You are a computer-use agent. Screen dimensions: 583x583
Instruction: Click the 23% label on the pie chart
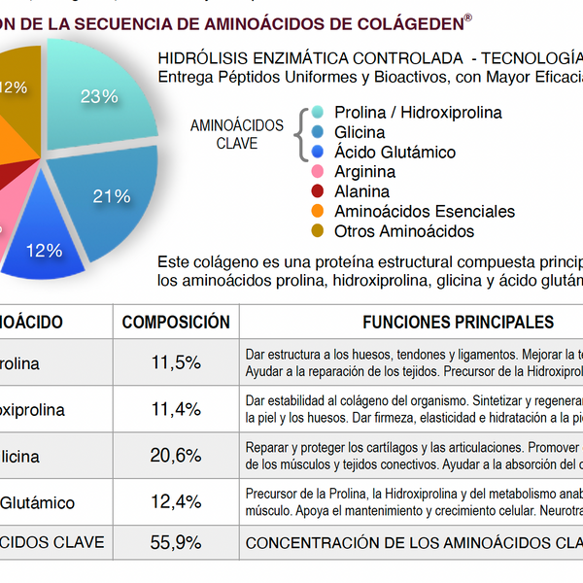99,96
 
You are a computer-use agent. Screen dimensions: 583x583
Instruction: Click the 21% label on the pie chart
112,196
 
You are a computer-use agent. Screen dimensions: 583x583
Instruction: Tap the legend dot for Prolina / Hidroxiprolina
318,113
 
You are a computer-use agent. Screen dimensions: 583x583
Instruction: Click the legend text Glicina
360,132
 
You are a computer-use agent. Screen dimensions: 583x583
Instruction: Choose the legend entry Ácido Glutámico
394,152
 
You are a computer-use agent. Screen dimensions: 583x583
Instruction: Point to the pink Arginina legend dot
318,172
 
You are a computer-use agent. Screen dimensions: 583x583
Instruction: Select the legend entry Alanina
361,191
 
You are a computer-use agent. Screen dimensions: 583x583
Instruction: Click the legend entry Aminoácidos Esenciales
424,211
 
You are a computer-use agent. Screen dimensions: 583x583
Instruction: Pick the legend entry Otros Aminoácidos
403,231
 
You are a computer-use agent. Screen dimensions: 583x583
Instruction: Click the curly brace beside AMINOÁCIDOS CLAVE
299,133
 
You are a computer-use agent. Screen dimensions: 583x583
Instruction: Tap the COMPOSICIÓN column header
176,322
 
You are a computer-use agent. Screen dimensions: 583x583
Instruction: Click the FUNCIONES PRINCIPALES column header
458,322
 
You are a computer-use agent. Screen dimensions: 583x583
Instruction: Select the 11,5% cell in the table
176,363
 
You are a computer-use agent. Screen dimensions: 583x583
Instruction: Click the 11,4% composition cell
176,409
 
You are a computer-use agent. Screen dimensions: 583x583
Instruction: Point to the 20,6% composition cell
176,456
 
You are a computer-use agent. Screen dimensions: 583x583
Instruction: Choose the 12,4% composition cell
176,502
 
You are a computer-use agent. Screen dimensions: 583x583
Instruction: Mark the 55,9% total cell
176,543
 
